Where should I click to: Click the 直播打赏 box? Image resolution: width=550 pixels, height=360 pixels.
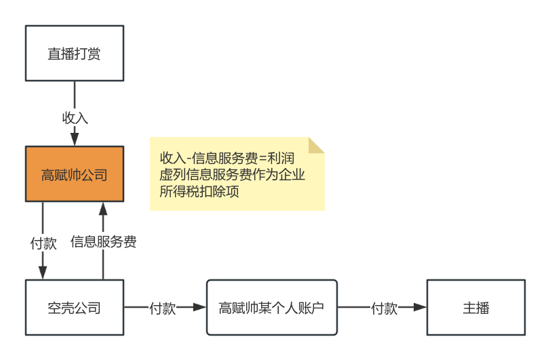coord(75,54)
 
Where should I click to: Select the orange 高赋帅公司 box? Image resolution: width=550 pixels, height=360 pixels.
coord(75,174)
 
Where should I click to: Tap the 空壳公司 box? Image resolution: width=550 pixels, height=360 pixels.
coord(75,308)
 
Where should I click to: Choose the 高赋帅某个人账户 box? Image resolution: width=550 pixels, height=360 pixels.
coord(271,308)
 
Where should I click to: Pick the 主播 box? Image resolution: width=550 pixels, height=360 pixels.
coord(475,308)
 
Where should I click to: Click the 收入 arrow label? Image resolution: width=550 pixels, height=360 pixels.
coord(75,117)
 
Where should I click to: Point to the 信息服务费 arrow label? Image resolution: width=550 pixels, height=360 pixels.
coord(104,241)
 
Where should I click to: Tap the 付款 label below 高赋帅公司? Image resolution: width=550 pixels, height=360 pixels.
coord(43,243)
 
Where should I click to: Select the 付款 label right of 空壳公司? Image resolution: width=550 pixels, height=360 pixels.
coord(162,308)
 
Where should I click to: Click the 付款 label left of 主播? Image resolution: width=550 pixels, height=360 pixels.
coord(384,308)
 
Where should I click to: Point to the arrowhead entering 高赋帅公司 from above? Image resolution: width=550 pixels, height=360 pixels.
coord(75,140)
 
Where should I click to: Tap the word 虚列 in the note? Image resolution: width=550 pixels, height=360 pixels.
coord(168,175)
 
